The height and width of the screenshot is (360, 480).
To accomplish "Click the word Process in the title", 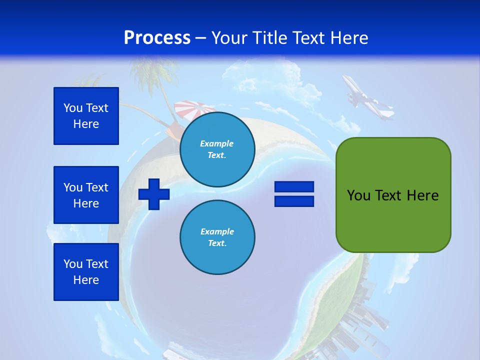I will (x=157, y=38).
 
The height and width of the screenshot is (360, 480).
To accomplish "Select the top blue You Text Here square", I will (x=86, y=116).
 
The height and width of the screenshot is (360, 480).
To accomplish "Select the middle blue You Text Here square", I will (x=86, y=195).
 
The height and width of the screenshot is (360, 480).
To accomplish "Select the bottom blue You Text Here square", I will (x=86, y=272).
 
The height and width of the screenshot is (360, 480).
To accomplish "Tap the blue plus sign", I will (x=154, y=193).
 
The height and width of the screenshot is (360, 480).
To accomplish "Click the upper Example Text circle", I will (x=217, y=149).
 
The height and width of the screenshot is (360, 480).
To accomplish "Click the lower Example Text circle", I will (x=217, y=237).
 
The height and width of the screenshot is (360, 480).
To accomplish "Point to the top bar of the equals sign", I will (x=294, y=187).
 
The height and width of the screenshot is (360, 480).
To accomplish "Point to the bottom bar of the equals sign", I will (x=294, y=201).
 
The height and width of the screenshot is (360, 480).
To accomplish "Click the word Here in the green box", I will (x=422, y=195).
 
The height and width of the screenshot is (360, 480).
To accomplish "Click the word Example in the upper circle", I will (x=216, y=143).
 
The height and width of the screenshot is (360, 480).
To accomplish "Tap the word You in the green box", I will (x=358, y=195).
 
